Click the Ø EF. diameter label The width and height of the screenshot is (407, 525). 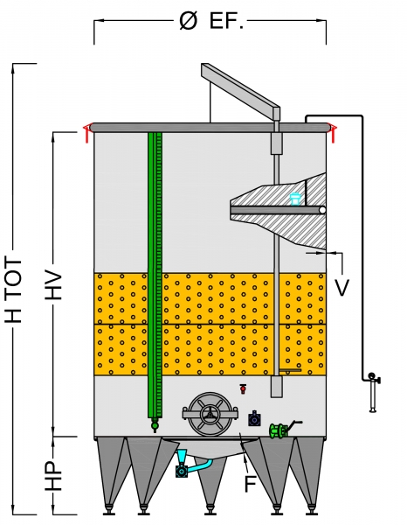pyautogui.click(x=211, y=21)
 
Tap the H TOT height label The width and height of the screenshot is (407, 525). pyautogui.click(x=14, y=290)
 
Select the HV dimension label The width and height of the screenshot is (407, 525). pyautogui.click(x=54, y=283)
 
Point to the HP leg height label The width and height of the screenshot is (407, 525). pyautogui.click(x=54, y=475)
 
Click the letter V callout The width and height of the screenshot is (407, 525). pyautogui.click(x=341, y=287)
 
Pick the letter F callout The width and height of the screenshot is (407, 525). pyautogui.click(x=251, y=484)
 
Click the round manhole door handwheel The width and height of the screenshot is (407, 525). pyautogui.click(x=210, y=414)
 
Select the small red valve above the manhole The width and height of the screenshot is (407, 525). pyautogui.click(x=244, y=388)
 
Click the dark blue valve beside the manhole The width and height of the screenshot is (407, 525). pyautogui.click(x=255, y=418)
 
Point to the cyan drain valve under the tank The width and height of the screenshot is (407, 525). pyautogui.click(x=183, y=464)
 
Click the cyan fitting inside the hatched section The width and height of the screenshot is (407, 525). pyautogui.click(x=295, y=199)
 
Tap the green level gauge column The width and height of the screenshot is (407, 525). pyautogui.click(x=155, y=275)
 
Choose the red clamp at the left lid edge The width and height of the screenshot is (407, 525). pyautogui.click(x=86, y=133)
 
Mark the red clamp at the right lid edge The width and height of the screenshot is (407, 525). pyautogui.click(x=333, y=133)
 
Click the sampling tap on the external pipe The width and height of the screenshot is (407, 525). pyautogui.click(x=373, y=392)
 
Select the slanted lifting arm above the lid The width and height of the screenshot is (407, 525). pyautogui.click(x=240, y=87)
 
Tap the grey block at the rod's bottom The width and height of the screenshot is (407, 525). pyautogui.click(x=276, y=386)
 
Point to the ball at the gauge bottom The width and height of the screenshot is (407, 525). pyautogui.click(x=155, y=425)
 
